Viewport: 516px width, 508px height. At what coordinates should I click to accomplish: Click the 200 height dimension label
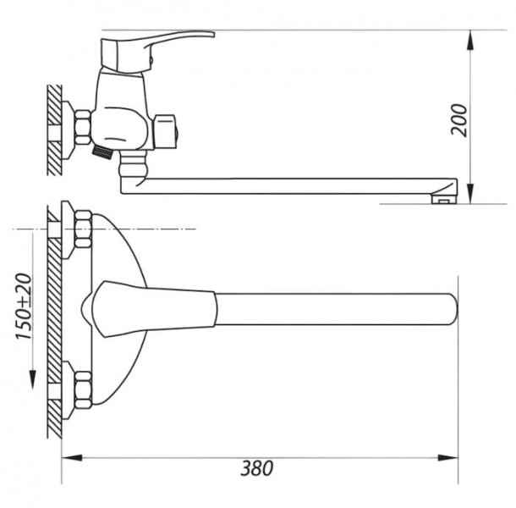pos(458,120)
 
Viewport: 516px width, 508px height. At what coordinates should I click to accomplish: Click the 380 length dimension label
pos(256,468)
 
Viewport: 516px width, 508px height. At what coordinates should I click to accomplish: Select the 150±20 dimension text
pos(24,306)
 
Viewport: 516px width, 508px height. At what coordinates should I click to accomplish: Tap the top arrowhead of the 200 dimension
pos(471,40)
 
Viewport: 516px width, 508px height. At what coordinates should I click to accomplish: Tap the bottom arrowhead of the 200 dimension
pos(471,194)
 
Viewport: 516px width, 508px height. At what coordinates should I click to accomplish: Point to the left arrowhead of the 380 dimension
pos(72,457)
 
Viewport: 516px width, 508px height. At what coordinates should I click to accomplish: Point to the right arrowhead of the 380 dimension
pos(447,457)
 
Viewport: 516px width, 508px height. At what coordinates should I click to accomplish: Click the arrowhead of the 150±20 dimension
pos(33,379)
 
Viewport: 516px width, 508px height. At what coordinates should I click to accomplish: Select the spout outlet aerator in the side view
pos(444,199)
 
